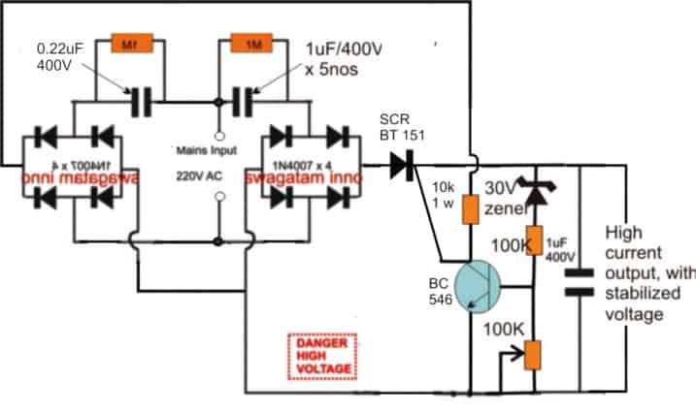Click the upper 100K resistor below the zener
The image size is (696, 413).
pos(532,238)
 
